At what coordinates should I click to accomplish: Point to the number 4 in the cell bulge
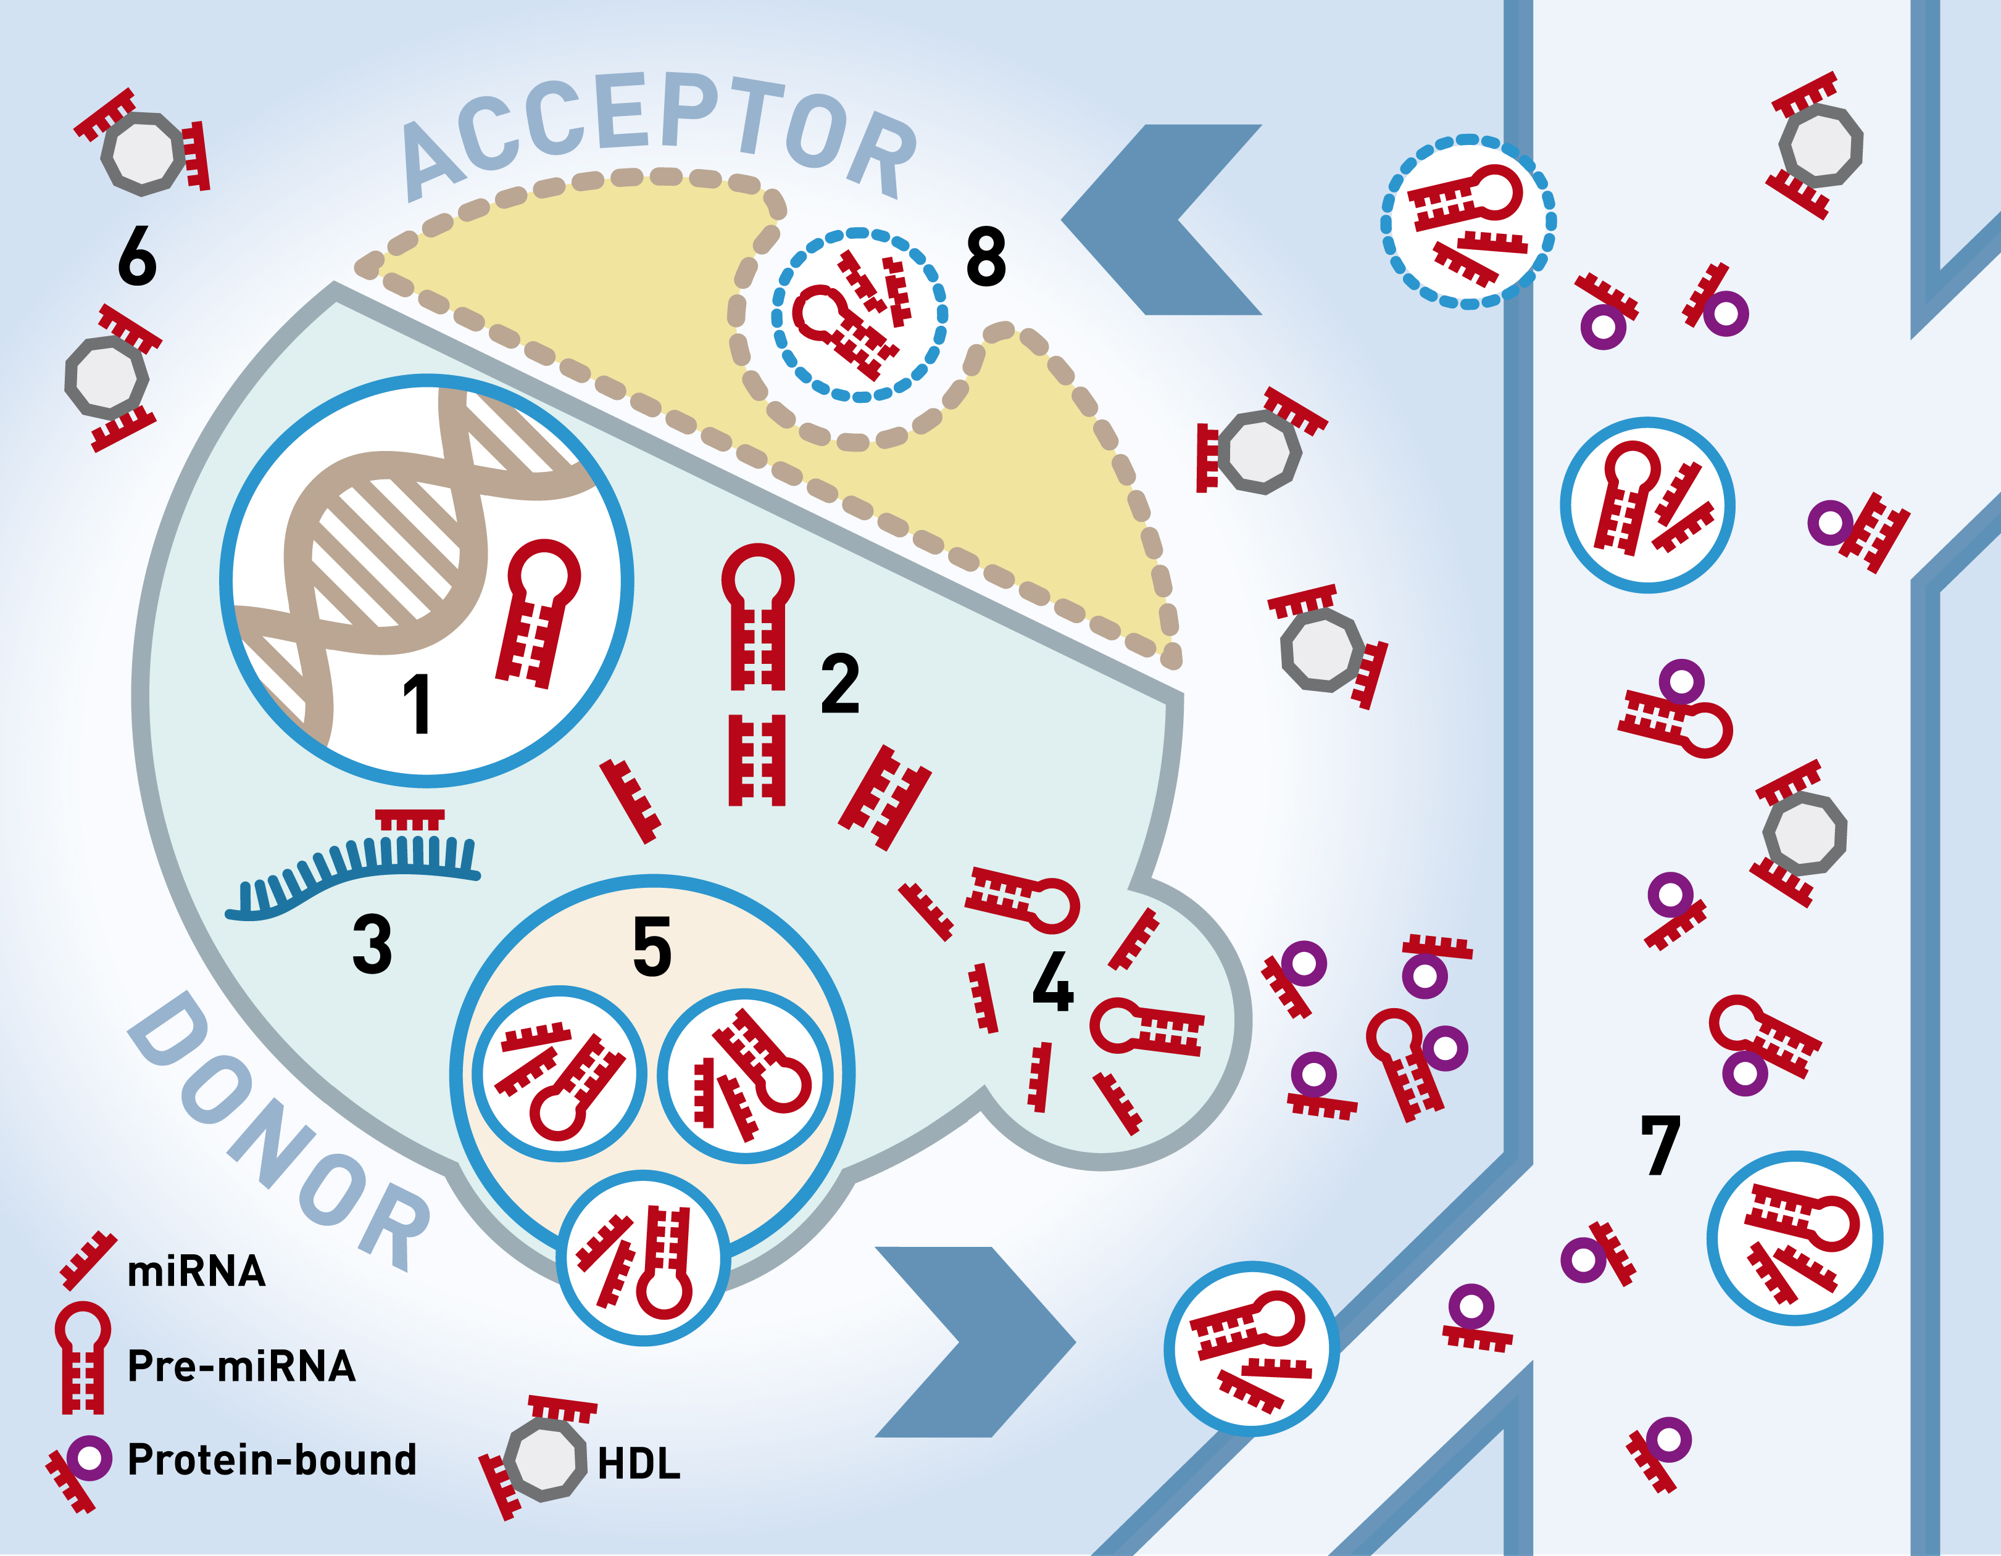(x=1053, y=981)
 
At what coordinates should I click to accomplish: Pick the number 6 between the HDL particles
(x=138, y=257)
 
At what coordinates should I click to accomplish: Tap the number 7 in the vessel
(x=1660, y=1145)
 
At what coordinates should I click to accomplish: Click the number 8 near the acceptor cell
(x=987, y=257)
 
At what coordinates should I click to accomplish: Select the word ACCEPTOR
(x=660, y=133)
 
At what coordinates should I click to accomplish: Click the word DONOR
(x=280, y=1131)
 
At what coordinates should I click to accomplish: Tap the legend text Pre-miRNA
(x=241, y=1365)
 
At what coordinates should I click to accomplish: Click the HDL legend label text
(x=639, y=1463)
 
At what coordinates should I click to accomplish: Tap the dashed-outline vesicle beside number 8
(x=859, y=314)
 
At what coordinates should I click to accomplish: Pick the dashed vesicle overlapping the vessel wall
(x=1468, y=221)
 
